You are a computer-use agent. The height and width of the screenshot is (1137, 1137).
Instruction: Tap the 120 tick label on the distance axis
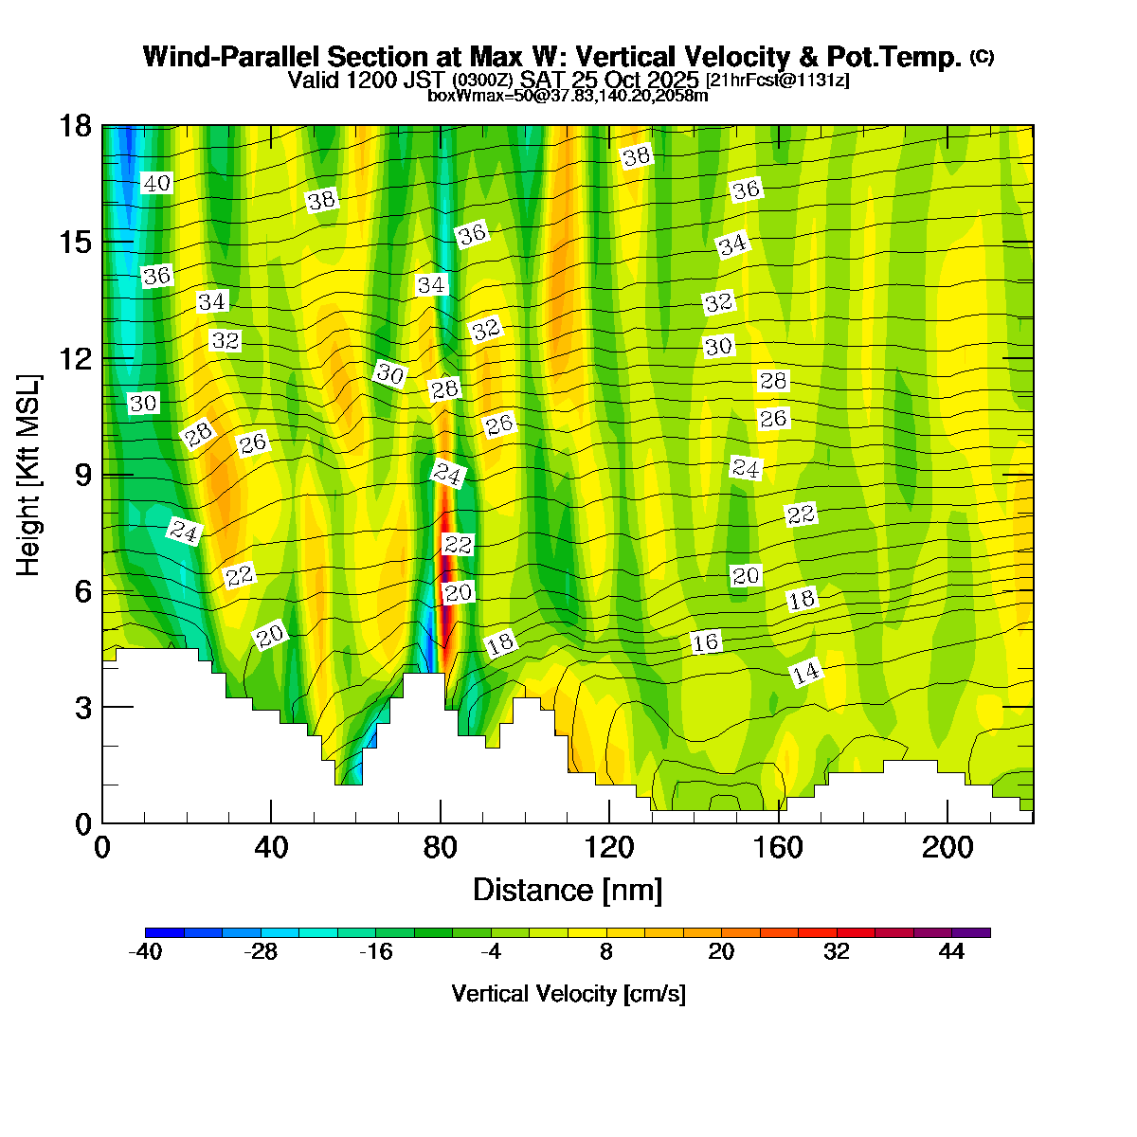pos(609,848)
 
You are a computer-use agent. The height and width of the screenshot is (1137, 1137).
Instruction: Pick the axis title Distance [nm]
pos(568,891)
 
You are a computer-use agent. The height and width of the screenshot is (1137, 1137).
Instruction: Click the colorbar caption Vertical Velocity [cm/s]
pos(568,994)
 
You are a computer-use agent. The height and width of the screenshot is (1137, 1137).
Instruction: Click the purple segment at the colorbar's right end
pos(971,932)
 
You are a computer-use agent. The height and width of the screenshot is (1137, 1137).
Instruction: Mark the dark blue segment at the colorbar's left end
pos(165,932)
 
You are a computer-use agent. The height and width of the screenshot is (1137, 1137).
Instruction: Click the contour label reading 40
pos(156,184)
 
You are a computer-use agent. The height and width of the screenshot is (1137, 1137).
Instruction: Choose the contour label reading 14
pos(805,674)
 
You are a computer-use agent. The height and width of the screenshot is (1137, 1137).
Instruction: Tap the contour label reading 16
pos(706,642)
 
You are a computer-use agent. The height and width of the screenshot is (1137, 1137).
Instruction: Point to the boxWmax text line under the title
pos(568,95)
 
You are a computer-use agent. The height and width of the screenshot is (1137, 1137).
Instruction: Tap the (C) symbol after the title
pos(982,57)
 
